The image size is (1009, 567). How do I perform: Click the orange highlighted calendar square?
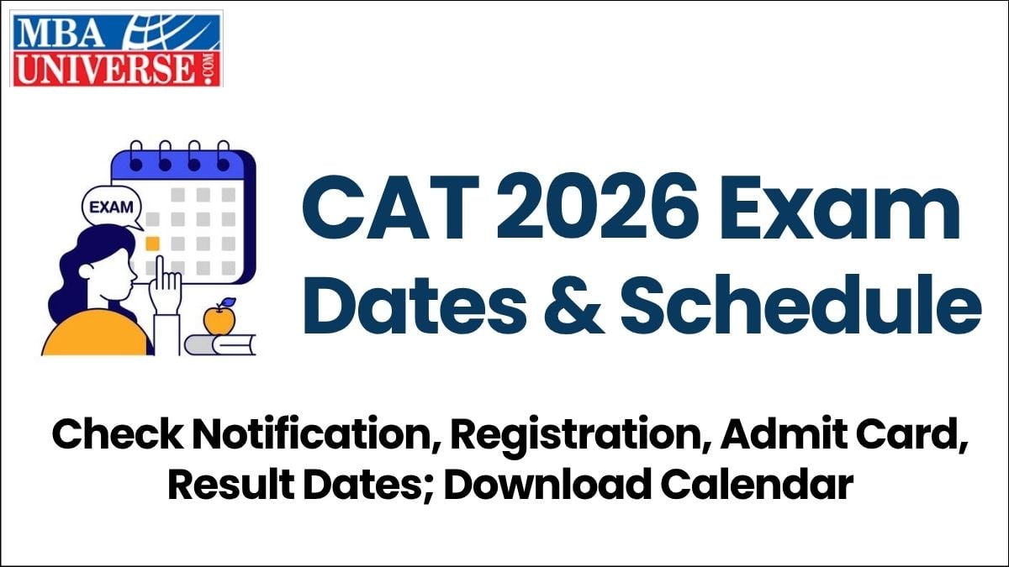point(152,244)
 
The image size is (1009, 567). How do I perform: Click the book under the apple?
point(220,344)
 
